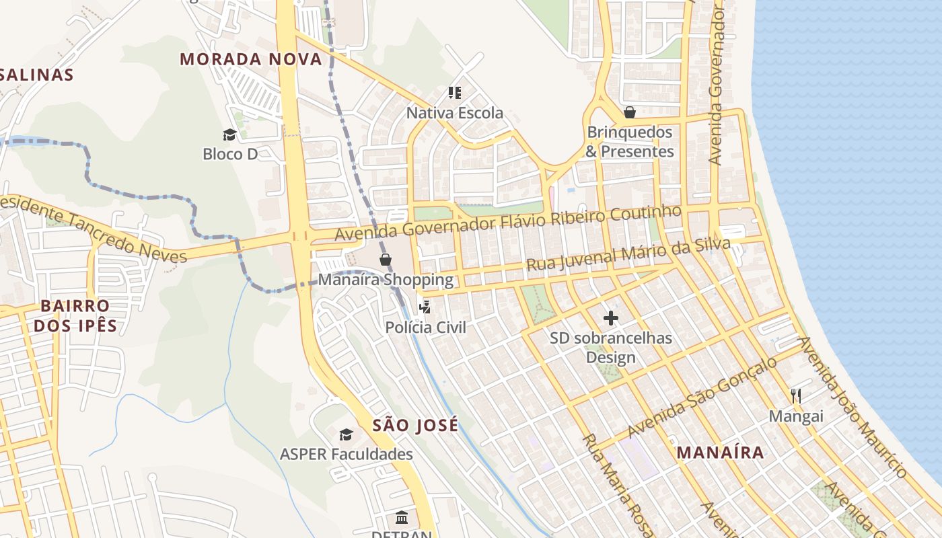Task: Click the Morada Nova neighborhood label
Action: (251, 59)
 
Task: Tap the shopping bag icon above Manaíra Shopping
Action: (386, 260)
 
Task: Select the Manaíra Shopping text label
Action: (386, 280)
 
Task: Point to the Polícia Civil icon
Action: (425, 308)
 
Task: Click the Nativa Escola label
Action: (454, 113)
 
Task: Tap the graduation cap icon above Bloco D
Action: (229, 134)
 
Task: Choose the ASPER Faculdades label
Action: (347, 455)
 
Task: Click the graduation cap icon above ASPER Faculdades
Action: (346, 434)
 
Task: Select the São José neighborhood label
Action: (415, 425)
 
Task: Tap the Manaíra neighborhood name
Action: (720, 453)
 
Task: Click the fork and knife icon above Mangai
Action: (796, 396)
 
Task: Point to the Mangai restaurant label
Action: (796, 416)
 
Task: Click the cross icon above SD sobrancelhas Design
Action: (611, 318)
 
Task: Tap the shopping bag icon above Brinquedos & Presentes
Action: (630, 112)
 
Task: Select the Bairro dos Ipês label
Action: (75, 316)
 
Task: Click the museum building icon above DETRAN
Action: (402, 517)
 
